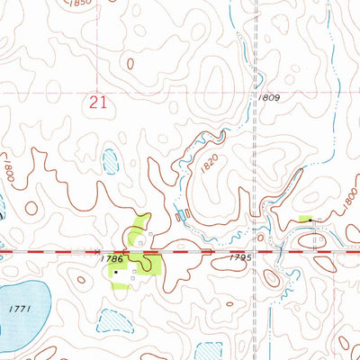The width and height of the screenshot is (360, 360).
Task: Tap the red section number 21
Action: (x=98, y=104)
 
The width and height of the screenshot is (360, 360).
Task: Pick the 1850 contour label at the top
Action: (x=83, y=4)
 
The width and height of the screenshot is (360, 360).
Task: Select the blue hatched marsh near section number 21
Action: (x=110, y=162)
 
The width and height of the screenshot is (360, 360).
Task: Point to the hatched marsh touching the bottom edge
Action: (x=210, y=351)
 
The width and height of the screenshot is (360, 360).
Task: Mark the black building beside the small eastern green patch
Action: (x=310, y=219)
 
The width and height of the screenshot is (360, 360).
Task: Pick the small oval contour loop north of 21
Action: (x=131, y=64)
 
